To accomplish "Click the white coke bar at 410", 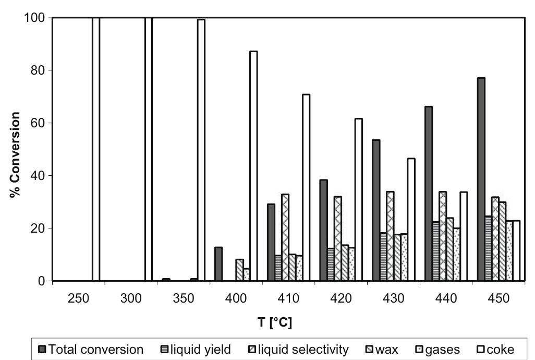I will coord(306,188).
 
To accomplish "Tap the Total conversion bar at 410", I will coord(271,242).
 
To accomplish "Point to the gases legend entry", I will coord(440,350).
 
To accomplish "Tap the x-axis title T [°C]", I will coord(274,322).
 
